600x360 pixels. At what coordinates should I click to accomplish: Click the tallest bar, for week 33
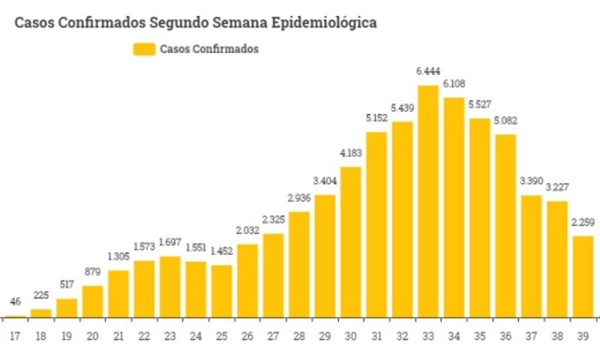(428, 202)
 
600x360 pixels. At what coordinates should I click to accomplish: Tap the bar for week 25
(222, 291)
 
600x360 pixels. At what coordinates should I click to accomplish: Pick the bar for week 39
(583, 276)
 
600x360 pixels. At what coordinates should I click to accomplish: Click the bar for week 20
(93, 301)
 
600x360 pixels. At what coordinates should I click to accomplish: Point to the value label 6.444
(428, 72)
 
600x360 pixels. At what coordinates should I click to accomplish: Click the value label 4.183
(351, 153)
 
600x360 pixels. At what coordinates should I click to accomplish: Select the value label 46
(16, 302)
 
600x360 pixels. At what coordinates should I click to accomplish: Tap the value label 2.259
(583, 222)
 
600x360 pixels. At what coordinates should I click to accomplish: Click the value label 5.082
(506, 121)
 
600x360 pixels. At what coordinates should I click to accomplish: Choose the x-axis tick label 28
(299, 337)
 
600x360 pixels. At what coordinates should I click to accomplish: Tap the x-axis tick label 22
(145, 337)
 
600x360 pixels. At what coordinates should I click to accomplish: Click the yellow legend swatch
(144, 49)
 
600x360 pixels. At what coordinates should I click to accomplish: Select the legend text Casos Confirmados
(209, 49)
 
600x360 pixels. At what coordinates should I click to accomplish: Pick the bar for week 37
(532, 256)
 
